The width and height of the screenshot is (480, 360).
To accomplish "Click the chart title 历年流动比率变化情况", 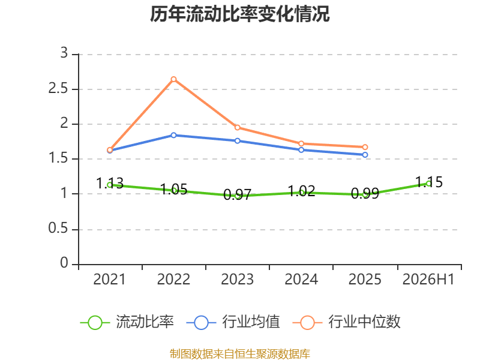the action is click(x=239, y=14).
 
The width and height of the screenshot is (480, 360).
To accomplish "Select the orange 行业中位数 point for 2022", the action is click(x=173, y=79).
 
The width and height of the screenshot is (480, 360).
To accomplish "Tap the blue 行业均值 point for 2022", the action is click(x=173, y=135).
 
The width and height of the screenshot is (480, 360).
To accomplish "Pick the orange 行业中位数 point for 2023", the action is click(x=238, y=127).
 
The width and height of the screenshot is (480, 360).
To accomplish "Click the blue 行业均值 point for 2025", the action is click(x=365, y=155).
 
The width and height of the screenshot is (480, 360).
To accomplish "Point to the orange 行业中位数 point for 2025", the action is click(x=365, y=147).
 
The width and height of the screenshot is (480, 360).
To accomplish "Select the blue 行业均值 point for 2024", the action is click(x=301, y=150).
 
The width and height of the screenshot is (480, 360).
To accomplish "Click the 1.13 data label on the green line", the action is click(x=110, y=184).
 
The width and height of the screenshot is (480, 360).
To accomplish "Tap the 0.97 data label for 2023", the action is click(x=238, y=194).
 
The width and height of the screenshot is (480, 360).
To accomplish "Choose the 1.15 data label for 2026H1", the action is click(x=429, y=182).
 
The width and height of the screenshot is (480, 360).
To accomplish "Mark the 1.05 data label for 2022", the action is click(x=173, y=189).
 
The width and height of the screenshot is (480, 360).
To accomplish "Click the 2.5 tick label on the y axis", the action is click(x=58, y=88).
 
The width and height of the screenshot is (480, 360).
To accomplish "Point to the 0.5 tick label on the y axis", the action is click(x=58, y=229).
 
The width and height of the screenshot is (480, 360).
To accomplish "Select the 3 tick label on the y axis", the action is click(x=64, y=53).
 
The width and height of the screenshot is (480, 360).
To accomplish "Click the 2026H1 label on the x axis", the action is click(x=428, y=280).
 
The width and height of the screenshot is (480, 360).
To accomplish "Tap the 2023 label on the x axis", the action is click(x=238, y=280).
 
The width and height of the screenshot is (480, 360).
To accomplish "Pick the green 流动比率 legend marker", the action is click(x=95, y=323).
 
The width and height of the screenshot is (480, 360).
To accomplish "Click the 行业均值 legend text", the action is click(x=251, y=322).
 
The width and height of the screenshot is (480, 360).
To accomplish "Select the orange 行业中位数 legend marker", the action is click(x=307, y=323).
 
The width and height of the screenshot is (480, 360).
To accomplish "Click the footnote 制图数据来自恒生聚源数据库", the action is click(x=240, y=354).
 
